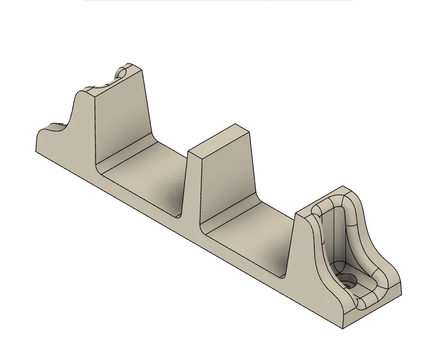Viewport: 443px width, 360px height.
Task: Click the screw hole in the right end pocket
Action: pos(349,281)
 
